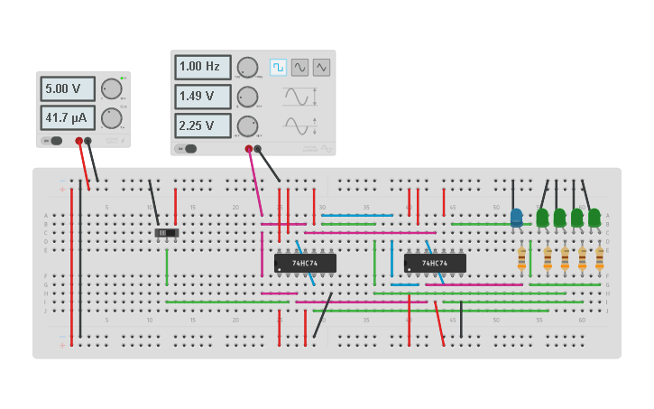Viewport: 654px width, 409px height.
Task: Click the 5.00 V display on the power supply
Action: [x=68, y=88]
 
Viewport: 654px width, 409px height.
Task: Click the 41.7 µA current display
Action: [x=68, y=118]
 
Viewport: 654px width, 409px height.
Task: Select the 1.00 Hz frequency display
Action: [x=203, y=67]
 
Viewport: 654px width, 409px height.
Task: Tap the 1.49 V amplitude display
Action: [x=203, y=96]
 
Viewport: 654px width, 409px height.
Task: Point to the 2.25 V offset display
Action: [x=203, y=125]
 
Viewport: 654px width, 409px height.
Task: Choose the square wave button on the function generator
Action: [x=278, y=67]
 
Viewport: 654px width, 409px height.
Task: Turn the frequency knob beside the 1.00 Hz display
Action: [x=247, y=67]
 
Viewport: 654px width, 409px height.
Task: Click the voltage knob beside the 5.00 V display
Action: [x=111, y=88]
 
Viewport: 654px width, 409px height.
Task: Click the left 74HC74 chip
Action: [x=305, y=263]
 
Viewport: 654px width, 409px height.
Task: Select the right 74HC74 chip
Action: [x=435, y=263]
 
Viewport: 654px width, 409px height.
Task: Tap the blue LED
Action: [x=516, y=218]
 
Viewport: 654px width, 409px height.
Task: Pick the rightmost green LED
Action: [x=594, y=218]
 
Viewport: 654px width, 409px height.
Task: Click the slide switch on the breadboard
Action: [x=167, y=233]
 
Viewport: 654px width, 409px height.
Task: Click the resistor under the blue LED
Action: [x=521, y=259]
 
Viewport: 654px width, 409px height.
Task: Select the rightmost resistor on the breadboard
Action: [x=600, y=259]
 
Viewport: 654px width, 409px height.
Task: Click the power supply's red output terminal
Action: [x=79, y=141]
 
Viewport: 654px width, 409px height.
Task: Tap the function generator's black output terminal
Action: [x=257, y=149]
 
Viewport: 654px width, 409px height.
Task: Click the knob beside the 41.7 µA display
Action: [x=111, y=118]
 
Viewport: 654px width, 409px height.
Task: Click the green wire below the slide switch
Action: [x=167, y=266]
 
